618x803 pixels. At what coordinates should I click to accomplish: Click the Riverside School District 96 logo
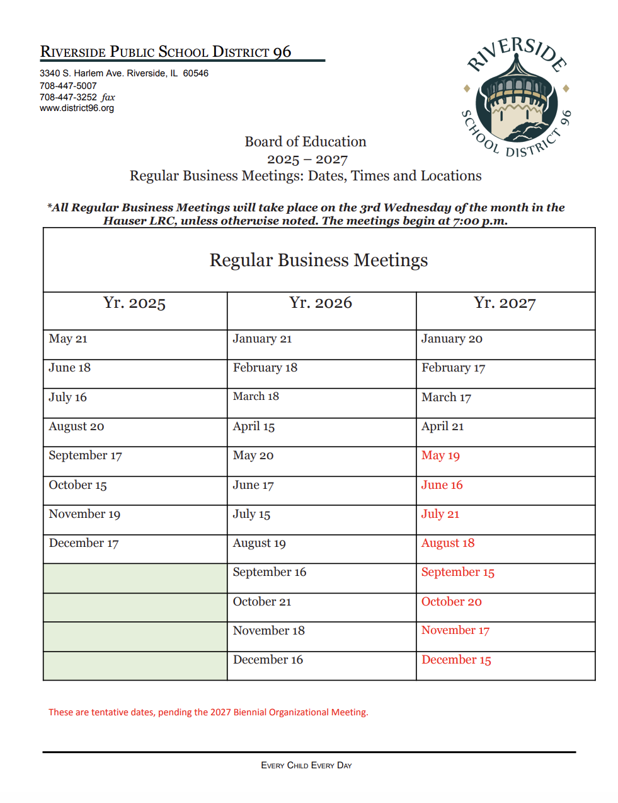[x=516, y=97]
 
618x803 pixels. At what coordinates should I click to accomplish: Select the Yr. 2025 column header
[x=134, y=303]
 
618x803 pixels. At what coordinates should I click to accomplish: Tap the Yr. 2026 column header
[x=321, y=303]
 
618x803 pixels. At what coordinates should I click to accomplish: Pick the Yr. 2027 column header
[x=505, y=303]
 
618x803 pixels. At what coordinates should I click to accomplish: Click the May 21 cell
[x=68, y=339]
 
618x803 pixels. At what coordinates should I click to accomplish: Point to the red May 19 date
[x=440, y=455]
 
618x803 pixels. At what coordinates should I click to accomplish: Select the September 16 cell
[x=269, y=572]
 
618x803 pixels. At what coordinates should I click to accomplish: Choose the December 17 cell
[x=84, y=543]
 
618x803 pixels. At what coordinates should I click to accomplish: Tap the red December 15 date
[x=456, y=660]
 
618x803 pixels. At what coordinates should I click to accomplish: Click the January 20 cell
[x=452, y=339]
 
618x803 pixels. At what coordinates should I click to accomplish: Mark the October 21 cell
[x=262, y=602]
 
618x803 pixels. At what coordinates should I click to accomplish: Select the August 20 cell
[x=76, y=426]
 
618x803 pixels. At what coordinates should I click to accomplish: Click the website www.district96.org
[x=77, y=108]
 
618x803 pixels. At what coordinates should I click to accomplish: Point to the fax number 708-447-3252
[x=68, y=97]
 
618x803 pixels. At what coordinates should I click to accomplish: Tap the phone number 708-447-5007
[x=68, y=86]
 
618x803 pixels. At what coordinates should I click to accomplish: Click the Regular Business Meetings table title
[x=318, y=260]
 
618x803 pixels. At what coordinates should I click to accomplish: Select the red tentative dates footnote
[x=209, y=712]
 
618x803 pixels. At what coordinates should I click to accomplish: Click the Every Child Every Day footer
[x=306, y=765]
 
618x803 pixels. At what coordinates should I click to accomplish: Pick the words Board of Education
[x=306, y=141]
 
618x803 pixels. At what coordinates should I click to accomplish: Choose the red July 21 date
[x=440, y=514]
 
